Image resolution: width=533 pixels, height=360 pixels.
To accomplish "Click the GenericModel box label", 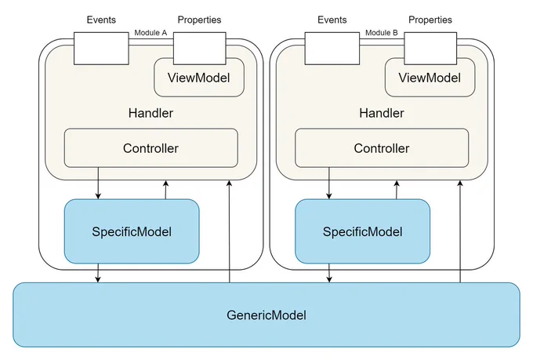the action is (266, 315).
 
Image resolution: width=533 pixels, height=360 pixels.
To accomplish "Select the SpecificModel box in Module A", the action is (132, 231).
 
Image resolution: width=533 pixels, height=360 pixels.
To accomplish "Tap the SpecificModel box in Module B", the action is (362, 231).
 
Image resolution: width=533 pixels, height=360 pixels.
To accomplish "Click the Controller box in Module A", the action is (151, 148).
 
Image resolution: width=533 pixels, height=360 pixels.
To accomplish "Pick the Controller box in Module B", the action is (382, 148).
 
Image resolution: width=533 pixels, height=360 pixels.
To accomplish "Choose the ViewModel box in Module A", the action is (199, 78).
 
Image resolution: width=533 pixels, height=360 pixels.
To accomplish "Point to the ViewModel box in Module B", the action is (430, 78).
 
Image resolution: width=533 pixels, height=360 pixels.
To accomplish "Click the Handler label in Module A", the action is (150, 113).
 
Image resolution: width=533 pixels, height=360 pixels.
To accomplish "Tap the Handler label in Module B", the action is (382, 113).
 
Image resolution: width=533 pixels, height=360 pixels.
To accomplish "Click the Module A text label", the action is (150, 33).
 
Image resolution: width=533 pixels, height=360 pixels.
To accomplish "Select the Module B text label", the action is (382, 33).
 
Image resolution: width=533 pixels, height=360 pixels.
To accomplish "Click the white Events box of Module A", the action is (101, 49).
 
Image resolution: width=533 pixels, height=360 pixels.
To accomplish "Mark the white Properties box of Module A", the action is (200, 49).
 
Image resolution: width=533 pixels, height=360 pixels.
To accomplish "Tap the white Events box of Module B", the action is (332, 49).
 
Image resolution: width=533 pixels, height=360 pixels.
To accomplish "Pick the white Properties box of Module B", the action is (430, 49).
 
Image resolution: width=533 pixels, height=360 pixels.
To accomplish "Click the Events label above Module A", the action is (101, 20).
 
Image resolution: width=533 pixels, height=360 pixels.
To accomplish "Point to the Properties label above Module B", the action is (430, 20).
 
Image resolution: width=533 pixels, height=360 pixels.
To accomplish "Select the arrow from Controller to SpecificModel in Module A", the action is (98, 183).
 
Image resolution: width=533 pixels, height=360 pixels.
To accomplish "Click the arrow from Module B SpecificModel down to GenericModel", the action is (329, 273).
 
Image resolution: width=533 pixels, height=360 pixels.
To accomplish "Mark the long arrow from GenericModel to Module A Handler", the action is (230, 231).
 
